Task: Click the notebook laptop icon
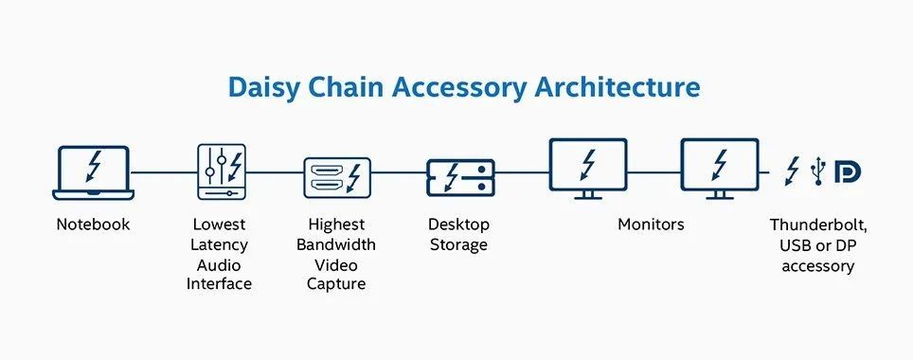(x=93, y=173)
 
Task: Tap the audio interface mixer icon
(x=222, y=171)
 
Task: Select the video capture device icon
(x=337, y=178)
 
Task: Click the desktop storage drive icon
(x=460, y=177)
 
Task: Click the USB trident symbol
(x=818, y=171)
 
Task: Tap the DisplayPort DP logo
(x=848, y=171)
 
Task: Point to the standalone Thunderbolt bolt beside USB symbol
(x=792, y=171)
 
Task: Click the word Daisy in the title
(x=265, y=88)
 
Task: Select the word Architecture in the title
(x=618, y=87)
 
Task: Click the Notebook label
(x=93, y=225)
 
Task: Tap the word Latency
(x=219, y=245)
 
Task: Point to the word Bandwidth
(x=336, y=244)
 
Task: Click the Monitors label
(x=651, y=225)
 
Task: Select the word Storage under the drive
(x=458, y=245)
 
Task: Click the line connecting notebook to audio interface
(x=164, y=172)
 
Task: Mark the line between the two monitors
(x=654, y=172)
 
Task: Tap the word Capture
(x=336, y=285)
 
